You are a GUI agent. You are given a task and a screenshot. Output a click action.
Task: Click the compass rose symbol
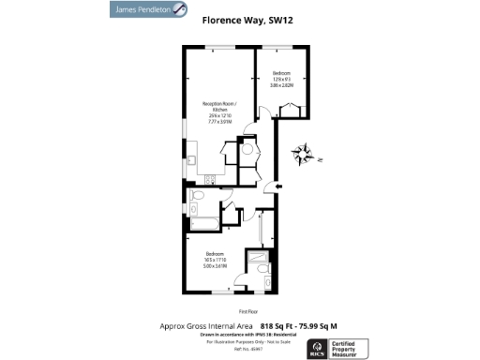pos(305,153)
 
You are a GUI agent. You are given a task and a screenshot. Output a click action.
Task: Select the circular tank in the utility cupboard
pos(248,146)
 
